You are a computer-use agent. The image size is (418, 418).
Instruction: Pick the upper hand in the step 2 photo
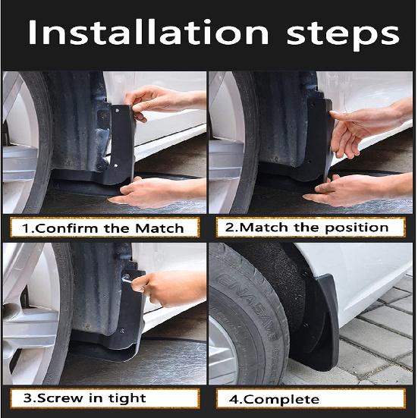coord(364,125)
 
